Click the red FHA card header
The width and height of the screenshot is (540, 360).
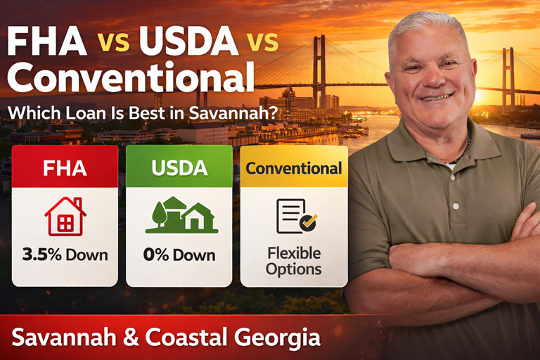pos(65,168)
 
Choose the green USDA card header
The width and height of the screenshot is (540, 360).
pos(179,168)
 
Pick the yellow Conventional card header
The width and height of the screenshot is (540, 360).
pos(294,168)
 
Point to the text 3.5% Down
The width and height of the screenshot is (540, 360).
pos(65,254)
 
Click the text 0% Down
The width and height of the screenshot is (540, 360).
pos(179,254)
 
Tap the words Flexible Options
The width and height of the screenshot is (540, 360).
pos(294,260)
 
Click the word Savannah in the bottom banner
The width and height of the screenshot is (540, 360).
pos(58,337)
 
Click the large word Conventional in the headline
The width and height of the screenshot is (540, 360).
pos(127,77)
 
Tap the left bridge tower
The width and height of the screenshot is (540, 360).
pos(319,70)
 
